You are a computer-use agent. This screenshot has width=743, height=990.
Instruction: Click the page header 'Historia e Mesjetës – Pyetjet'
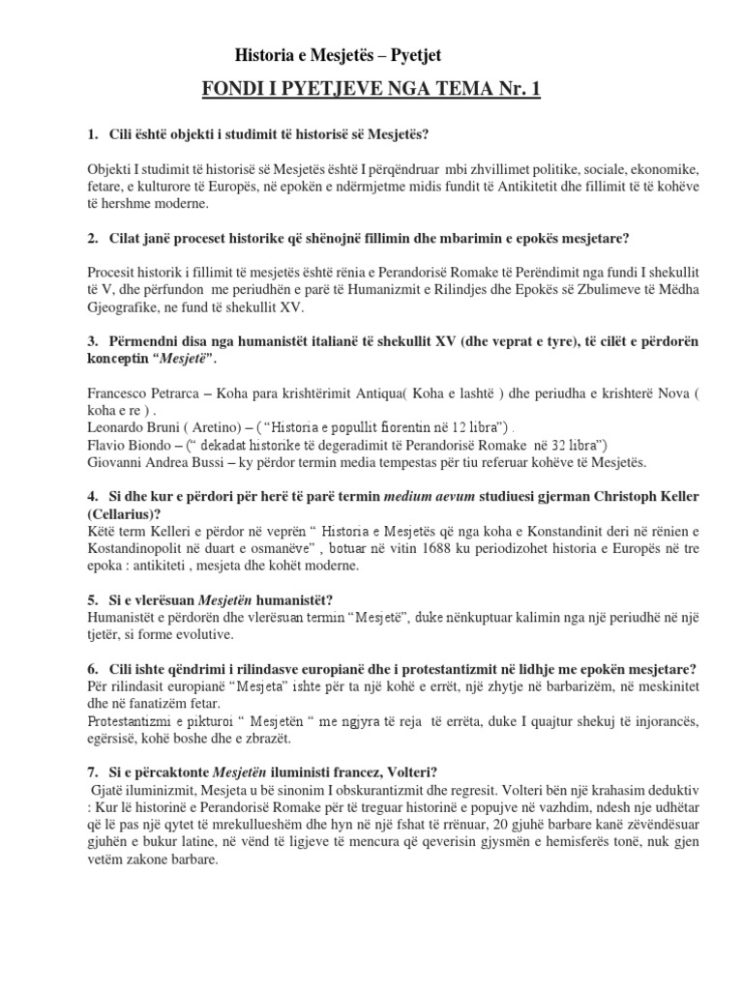(340, 57)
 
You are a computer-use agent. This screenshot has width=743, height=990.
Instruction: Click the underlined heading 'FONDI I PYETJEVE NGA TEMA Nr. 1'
(371, 91)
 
